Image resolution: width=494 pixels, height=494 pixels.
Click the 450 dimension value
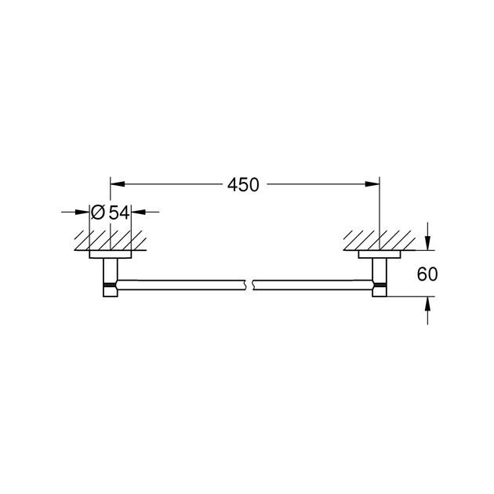click(243, 186)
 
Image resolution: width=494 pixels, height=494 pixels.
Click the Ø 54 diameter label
click(109, 212)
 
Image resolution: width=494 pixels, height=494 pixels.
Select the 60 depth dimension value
click(427, 274)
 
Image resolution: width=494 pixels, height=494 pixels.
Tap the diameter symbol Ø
click(97, 212)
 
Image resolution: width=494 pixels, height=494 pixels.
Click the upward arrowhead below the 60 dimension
click(427, 303)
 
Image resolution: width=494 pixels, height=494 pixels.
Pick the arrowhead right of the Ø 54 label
click(136, 212)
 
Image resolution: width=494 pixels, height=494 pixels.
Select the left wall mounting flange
click(110, 255)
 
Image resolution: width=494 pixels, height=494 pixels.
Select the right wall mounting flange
click(380, 255)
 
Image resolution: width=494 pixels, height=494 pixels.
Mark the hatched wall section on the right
click(379, 239)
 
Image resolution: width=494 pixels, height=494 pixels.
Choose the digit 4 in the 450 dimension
click(233, 186)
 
